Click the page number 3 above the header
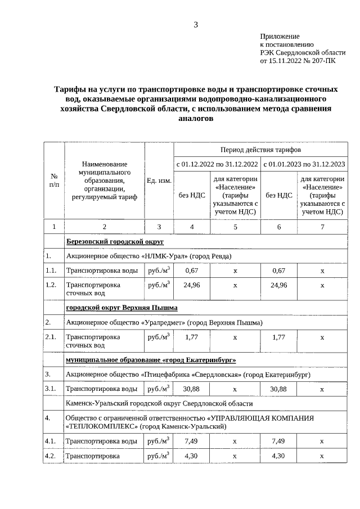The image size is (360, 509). point(196,24)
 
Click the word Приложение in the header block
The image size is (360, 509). point(279,35)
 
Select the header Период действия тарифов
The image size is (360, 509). point(261,151)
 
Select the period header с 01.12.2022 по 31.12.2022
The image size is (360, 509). point(217,164)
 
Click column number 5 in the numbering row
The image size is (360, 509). point(235,227)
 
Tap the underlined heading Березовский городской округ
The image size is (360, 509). point(115,241)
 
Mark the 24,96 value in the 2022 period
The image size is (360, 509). point(192,285)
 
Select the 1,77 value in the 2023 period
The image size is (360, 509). point(278,337)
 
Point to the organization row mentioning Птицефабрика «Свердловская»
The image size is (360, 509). point(188,374)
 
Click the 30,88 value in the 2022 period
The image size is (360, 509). point(192,389)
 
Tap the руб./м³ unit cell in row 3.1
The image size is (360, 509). point(159,389)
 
